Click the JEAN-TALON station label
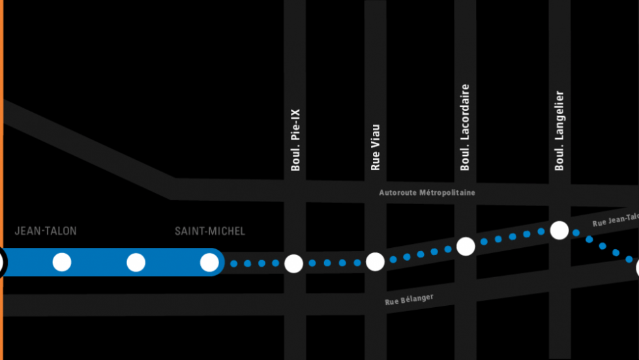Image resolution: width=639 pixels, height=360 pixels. click(x=46, y=231)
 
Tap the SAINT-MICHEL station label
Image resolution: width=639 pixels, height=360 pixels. click(x=210, y=231)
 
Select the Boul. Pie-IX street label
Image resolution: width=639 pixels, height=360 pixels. click(x=295, y=140)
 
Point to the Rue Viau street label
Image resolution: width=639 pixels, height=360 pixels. click(x=375, y=147)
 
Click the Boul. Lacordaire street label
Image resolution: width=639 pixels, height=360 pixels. click(x=465, y=127)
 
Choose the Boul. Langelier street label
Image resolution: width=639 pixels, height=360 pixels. click(x=559, y=131)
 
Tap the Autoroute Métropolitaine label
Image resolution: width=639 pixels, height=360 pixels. click(x=427, y=192)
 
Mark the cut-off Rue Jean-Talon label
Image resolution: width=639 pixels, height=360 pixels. click(x=616, y=219)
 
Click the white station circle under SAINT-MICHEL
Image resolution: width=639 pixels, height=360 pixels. click(x=209, y=262)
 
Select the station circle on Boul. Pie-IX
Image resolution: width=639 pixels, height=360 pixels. click(x=294, y=263)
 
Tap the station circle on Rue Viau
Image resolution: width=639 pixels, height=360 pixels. click(x=375, y=262)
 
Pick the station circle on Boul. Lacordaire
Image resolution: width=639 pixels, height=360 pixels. click(x=466, y=247)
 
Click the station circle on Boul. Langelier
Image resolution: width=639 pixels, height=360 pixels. click(x=559, y=230)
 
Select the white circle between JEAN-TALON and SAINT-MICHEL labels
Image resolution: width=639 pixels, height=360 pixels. click(x=136, y=262)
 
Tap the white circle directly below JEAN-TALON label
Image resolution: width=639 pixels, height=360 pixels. click(x=62, y=262)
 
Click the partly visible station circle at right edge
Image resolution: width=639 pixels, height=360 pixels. click(x=637, y=268)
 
